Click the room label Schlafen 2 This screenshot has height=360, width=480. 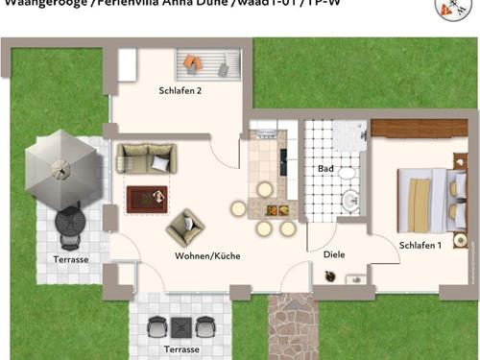coord(180,91)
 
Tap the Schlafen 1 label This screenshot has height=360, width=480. coord(420,245)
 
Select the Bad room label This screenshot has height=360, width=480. coord(325,168)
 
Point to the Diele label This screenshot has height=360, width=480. coord(333,254)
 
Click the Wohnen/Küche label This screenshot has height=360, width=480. coord(207,256)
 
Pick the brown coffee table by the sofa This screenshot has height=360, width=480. coord(148,199)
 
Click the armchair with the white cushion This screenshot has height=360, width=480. coord(185,228)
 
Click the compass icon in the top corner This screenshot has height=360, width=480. coord(447,9)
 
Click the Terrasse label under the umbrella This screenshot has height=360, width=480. coord(70,260)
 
